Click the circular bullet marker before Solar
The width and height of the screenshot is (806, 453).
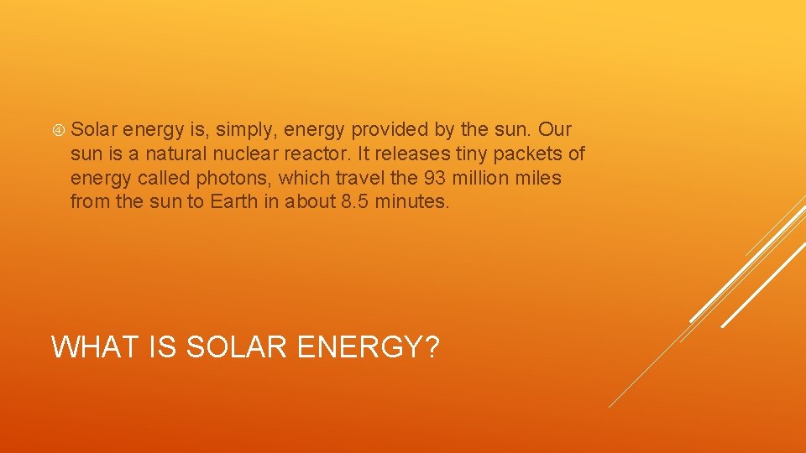59,130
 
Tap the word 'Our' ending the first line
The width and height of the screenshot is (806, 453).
555,129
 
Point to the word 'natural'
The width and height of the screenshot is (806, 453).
175,154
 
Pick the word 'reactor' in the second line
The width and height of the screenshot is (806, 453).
315,154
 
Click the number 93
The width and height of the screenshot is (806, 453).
437,178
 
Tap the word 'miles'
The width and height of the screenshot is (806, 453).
541,178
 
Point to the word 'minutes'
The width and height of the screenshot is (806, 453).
416,201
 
